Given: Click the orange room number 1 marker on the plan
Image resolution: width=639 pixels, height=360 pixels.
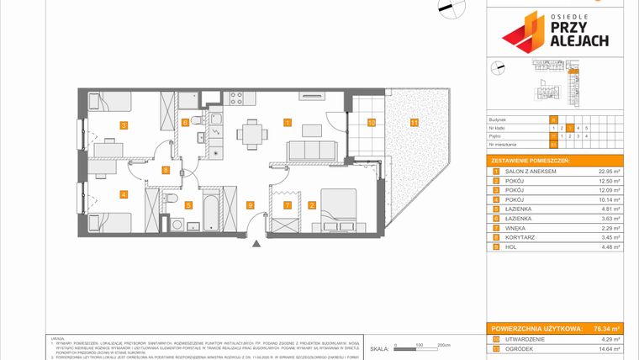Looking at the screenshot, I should [x=288, y=123].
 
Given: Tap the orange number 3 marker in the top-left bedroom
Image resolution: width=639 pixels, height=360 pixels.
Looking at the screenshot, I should [x=124, y=125].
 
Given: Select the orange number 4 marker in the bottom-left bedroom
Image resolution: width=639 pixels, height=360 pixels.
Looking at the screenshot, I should [x=124, y=195].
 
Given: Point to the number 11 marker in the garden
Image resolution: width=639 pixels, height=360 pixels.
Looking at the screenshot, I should [x=414, y=123].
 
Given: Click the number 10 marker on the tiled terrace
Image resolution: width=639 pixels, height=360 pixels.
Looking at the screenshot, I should [x=371, y=123].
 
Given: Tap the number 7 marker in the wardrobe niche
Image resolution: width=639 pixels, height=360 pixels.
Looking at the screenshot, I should [x=287, y=204].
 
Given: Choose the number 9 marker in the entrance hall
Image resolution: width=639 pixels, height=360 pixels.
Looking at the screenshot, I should [x=250, y=204].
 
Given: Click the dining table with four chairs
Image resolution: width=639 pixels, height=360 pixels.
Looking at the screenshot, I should [x=251, y=131].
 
